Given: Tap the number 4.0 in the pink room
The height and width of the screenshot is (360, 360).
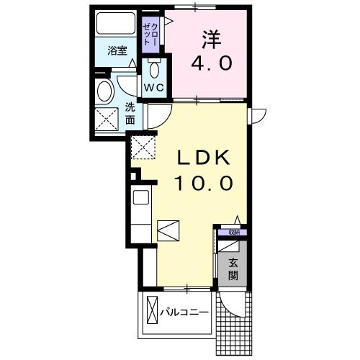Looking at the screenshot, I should [211, 63].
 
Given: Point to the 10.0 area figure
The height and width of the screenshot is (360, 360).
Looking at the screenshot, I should [202, 183].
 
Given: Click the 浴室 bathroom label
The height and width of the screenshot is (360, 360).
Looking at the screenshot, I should [117, 51].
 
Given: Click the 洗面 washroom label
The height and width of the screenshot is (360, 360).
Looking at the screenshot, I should [130, 114].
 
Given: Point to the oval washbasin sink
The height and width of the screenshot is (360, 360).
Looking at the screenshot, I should [105, 91].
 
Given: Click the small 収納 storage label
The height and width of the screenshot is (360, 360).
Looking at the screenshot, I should [233, 232].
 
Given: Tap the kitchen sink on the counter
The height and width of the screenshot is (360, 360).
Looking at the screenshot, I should [140, 196].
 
